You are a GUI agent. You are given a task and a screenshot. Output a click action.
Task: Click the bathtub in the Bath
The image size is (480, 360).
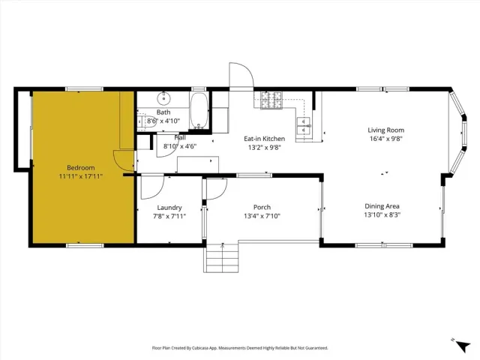199,111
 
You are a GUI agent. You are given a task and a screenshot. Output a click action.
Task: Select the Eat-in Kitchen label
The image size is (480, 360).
264,138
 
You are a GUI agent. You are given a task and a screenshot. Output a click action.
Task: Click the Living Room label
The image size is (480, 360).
385,130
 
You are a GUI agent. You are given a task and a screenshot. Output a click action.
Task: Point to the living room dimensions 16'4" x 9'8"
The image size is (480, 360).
385,139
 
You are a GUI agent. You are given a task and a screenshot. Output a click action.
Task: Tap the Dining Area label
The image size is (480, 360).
382,206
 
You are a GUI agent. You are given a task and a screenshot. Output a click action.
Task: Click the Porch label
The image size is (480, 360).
262,207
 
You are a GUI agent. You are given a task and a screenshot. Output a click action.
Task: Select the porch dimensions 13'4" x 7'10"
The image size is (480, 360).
262,216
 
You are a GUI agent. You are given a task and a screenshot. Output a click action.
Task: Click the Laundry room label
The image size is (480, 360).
169,207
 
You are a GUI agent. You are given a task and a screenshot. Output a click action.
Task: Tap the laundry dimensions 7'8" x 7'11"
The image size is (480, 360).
169,216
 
